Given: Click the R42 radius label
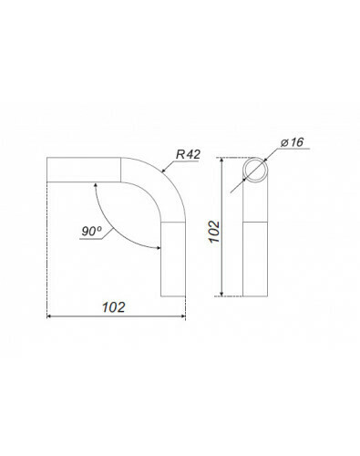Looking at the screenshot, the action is (x=188, y=154).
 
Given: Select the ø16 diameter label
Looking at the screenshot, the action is (x=292, y=142).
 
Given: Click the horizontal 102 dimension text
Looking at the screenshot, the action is (x=113, y=307).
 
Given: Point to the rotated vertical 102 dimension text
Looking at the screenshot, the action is (x=214, y=232).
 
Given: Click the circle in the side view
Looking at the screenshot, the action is (x=255, y=170).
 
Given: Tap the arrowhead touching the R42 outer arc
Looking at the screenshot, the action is (x=163, y=171).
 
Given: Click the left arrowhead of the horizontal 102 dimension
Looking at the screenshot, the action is (x=49, y=316).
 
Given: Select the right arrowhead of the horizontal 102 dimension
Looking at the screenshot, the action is (x=182, y=316).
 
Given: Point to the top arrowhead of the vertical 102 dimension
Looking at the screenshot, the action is (x=221, y=161).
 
